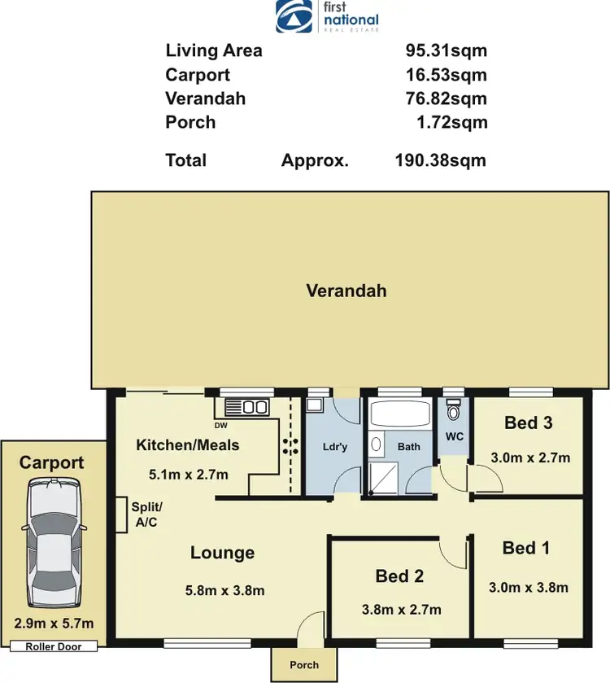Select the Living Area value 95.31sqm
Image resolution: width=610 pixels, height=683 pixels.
[x=446, y=50]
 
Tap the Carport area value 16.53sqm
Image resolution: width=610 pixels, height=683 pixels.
[x=446, y=75]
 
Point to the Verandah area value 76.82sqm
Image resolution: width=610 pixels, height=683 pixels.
[x=446, y=99]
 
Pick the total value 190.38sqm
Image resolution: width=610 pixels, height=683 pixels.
[x=440, y=160]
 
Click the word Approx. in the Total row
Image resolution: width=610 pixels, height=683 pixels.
[x=315, y=160]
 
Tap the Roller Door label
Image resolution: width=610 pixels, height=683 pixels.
[x=54, y=646]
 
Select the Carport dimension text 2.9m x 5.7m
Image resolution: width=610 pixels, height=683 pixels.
[x=54, y=624]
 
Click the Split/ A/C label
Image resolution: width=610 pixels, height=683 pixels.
[x=147, y=514]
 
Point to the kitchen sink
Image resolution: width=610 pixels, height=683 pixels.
[x=246, y=406]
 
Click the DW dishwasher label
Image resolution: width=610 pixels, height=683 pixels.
[x=220, y=425]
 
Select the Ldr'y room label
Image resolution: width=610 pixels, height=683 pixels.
[x=334, y=447]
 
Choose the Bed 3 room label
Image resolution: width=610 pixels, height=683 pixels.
[x=529, y=422]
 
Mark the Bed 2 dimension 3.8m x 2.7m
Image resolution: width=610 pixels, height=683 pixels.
[x=400, y=610]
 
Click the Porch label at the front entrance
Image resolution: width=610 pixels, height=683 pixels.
[x=304, y=665]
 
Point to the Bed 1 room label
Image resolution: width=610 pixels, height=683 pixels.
[x=525, y=548]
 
